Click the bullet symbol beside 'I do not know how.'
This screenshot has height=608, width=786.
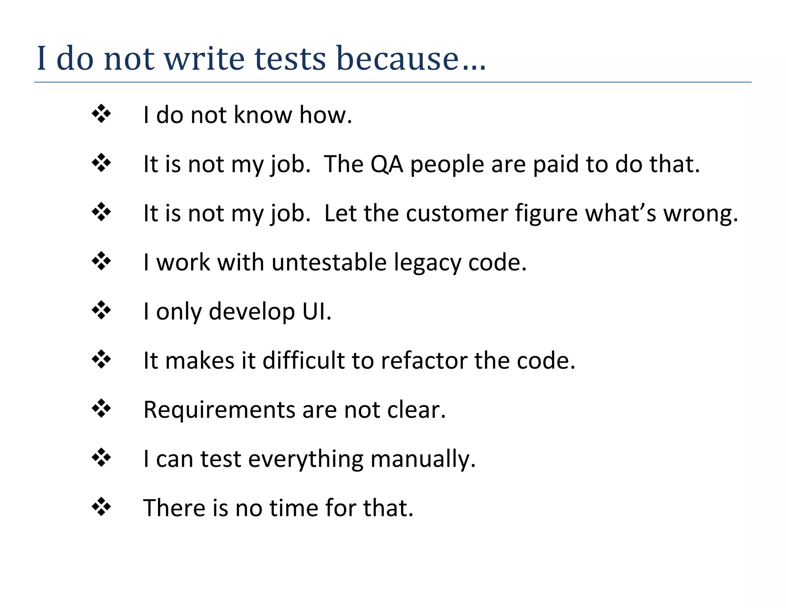tap(101, 114)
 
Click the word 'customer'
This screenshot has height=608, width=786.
tap(457, 213)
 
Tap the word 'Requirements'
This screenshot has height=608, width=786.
tap(219, 410)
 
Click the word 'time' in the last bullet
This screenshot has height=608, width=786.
tap(294, 508)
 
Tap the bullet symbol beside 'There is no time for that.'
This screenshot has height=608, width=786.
tap(101, 507)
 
